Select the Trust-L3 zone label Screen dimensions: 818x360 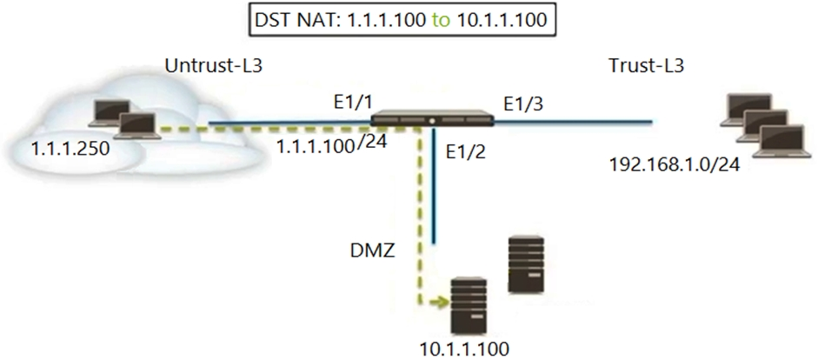(646, 66)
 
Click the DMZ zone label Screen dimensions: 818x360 (372, 251)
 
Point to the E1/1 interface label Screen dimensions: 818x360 (352, 103)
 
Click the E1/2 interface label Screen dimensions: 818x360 (466, 152)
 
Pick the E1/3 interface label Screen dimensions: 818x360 (523, 104)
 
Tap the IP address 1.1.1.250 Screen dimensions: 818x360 (70, 150)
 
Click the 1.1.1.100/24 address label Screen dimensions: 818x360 (332, 144)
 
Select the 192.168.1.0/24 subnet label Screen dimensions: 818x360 (675, 165)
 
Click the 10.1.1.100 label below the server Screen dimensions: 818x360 (464, 349)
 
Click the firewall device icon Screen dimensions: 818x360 (433, 118)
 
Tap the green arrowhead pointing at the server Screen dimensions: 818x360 (442, 302)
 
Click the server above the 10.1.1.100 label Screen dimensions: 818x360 (469, 306)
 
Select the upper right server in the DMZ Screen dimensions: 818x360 (526, 264)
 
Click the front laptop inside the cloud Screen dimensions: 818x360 (136, 126)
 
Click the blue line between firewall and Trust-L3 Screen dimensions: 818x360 (573, 122)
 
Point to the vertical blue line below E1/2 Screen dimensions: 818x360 (434, 185)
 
